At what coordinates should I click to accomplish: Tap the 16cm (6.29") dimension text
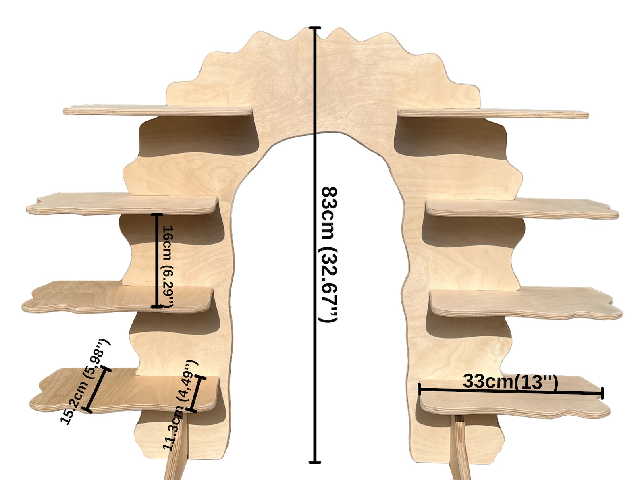167,267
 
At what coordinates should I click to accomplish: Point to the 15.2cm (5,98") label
86,382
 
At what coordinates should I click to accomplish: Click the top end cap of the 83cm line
315,28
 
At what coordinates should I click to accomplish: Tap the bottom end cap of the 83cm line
315,462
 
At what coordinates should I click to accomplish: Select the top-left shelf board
158,110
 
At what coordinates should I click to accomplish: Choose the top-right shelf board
493,113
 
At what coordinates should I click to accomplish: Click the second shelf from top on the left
122,204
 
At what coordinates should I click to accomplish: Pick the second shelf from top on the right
522,209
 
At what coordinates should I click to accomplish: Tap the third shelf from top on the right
526,303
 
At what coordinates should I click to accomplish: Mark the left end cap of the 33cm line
419,389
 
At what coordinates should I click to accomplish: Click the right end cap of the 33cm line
602,393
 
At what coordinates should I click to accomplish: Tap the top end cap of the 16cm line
157,215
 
